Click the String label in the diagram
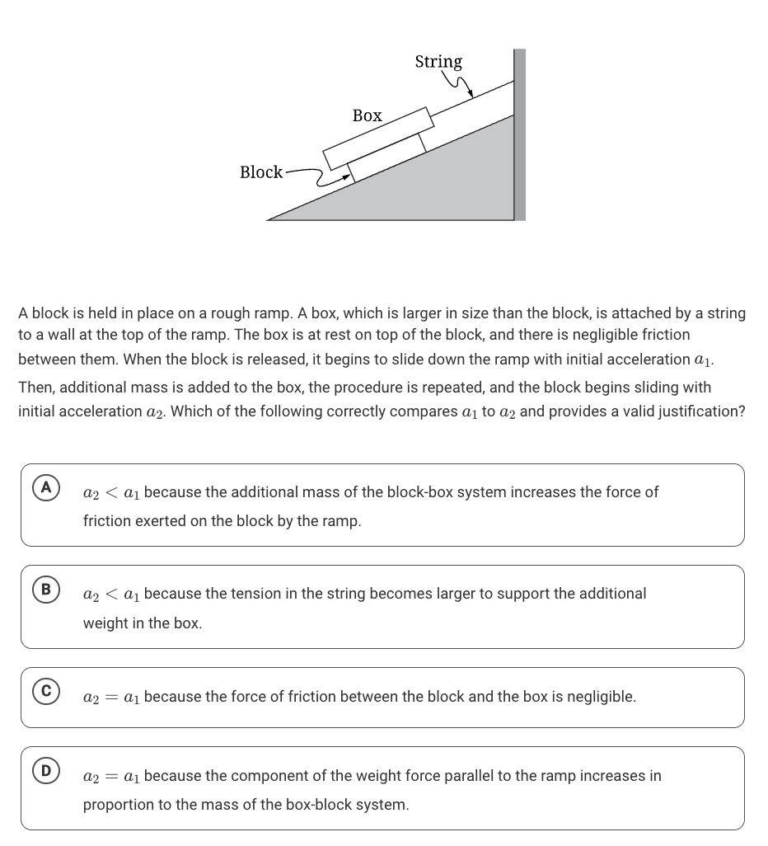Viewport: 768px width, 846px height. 438,62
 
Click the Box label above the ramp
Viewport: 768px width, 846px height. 367,115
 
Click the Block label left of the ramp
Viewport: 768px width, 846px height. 260,172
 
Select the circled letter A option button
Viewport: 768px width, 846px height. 46,487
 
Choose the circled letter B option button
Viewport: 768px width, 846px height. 46,590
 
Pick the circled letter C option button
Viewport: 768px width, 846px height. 46,692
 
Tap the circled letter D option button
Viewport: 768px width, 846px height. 46,771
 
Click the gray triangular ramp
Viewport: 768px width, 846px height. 461,190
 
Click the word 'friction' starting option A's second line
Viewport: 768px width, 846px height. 106,521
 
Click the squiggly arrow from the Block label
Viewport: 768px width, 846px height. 317,176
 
